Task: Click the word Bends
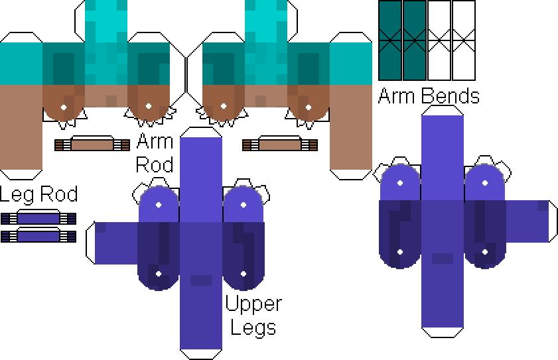coord(450,96)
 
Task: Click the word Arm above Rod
coord(155,141)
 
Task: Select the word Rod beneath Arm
coord(155,164)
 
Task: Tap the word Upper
coord(253,304)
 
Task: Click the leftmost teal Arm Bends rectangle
coord(390,40)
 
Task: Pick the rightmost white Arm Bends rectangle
coord(464,40)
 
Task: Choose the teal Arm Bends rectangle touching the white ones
coord(415,40)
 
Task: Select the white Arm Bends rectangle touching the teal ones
coord(439,40)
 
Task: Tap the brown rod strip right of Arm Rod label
coord(279,145)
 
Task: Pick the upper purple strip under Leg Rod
coord(38,219)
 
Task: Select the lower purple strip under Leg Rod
coord(38,235)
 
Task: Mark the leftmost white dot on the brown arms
coord(64,106)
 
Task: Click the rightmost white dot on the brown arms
coord(309,106)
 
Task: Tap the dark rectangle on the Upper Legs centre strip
coord(201,280)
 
